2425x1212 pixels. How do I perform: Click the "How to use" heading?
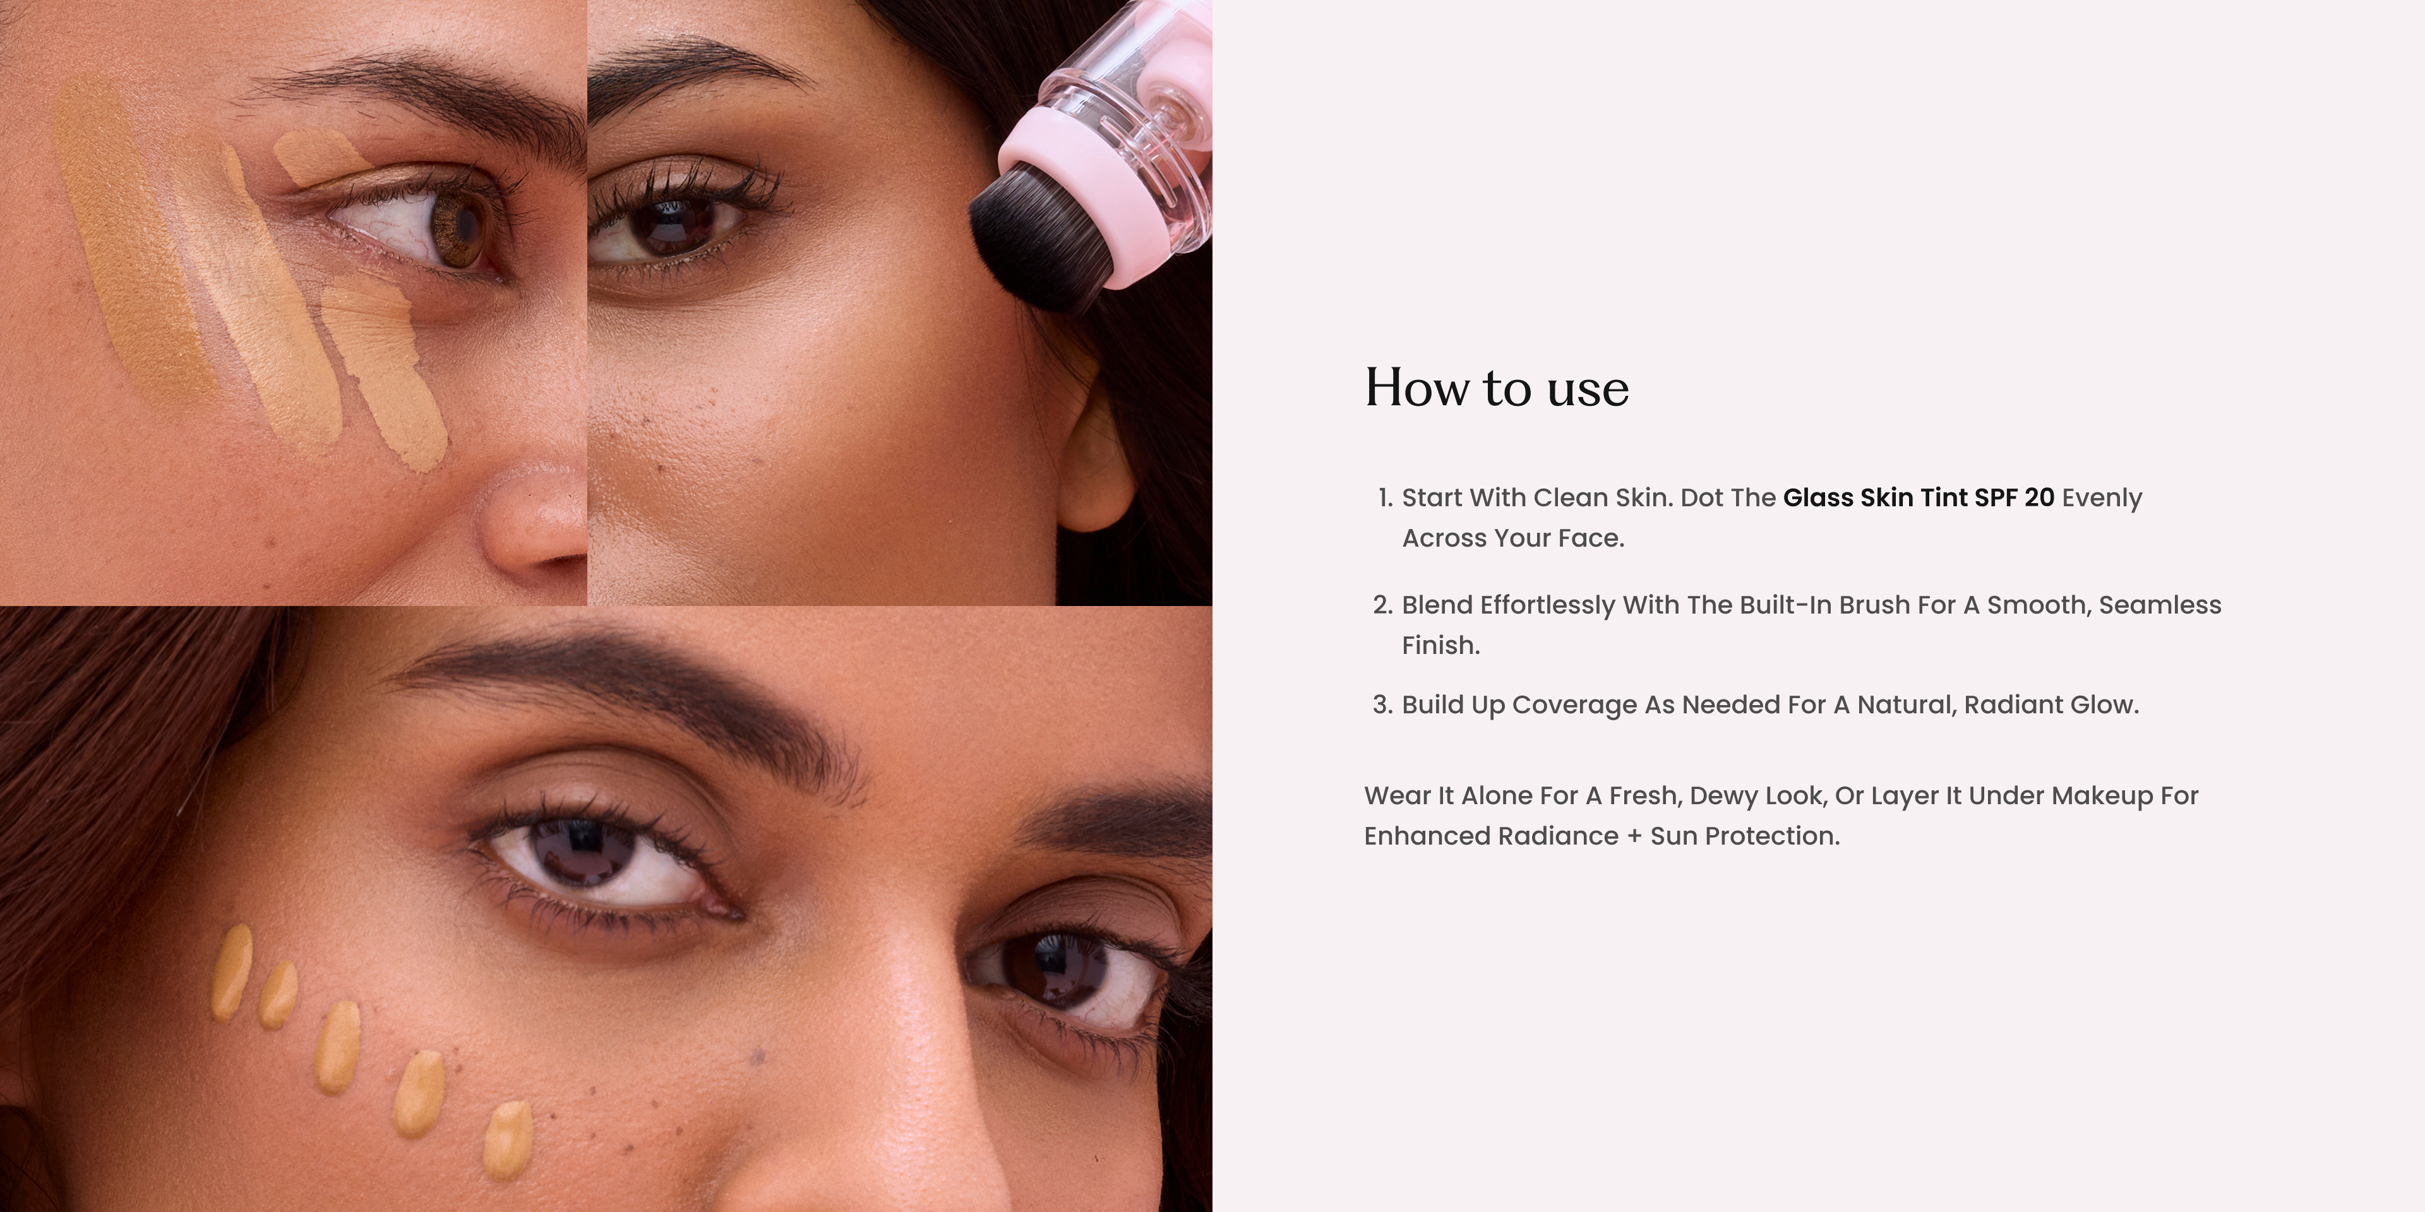pos(1497,388)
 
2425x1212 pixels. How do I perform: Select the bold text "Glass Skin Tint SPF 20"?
pos(1919,498)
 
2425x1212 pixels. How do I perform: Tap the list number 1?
pos(1385,498)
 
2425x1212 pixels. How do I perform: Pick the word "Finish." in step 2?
pos(1441,646)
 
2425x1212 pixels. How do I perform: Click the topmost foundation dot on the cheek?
pos(232,972)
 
